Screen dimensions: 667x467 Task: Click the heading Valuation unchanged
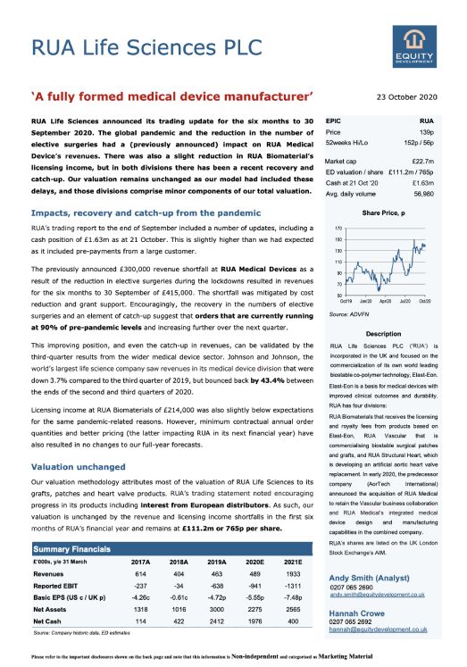[x=71, y=467]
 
